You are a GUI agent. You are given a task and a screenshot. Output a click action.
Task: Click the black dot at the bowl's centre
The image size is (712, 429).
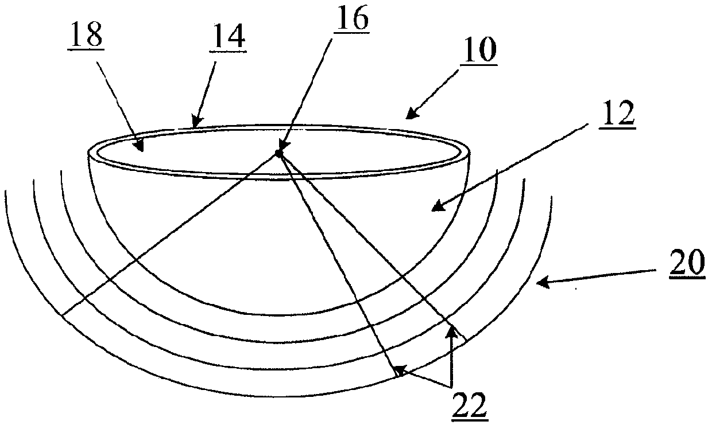[x=278, y=153]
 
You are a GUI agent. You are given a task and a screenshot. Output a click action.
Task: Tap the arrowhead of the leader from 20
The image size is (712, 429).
[x=540, y=282]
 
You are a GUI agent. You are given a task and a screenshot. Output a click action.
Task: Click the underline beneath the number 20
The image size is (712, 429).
[x=687, y=278]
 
